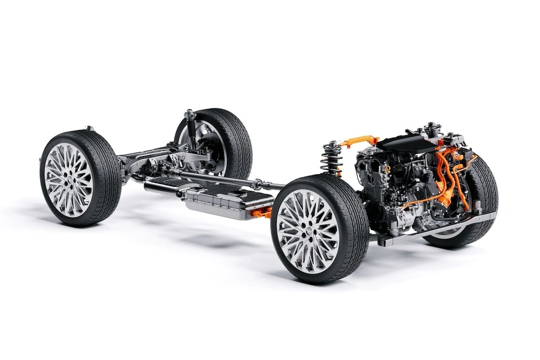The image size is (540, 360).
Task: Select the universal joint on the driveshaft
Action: [257, 184]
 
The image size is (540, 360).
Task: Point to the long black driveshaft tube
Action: [216, 178]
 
